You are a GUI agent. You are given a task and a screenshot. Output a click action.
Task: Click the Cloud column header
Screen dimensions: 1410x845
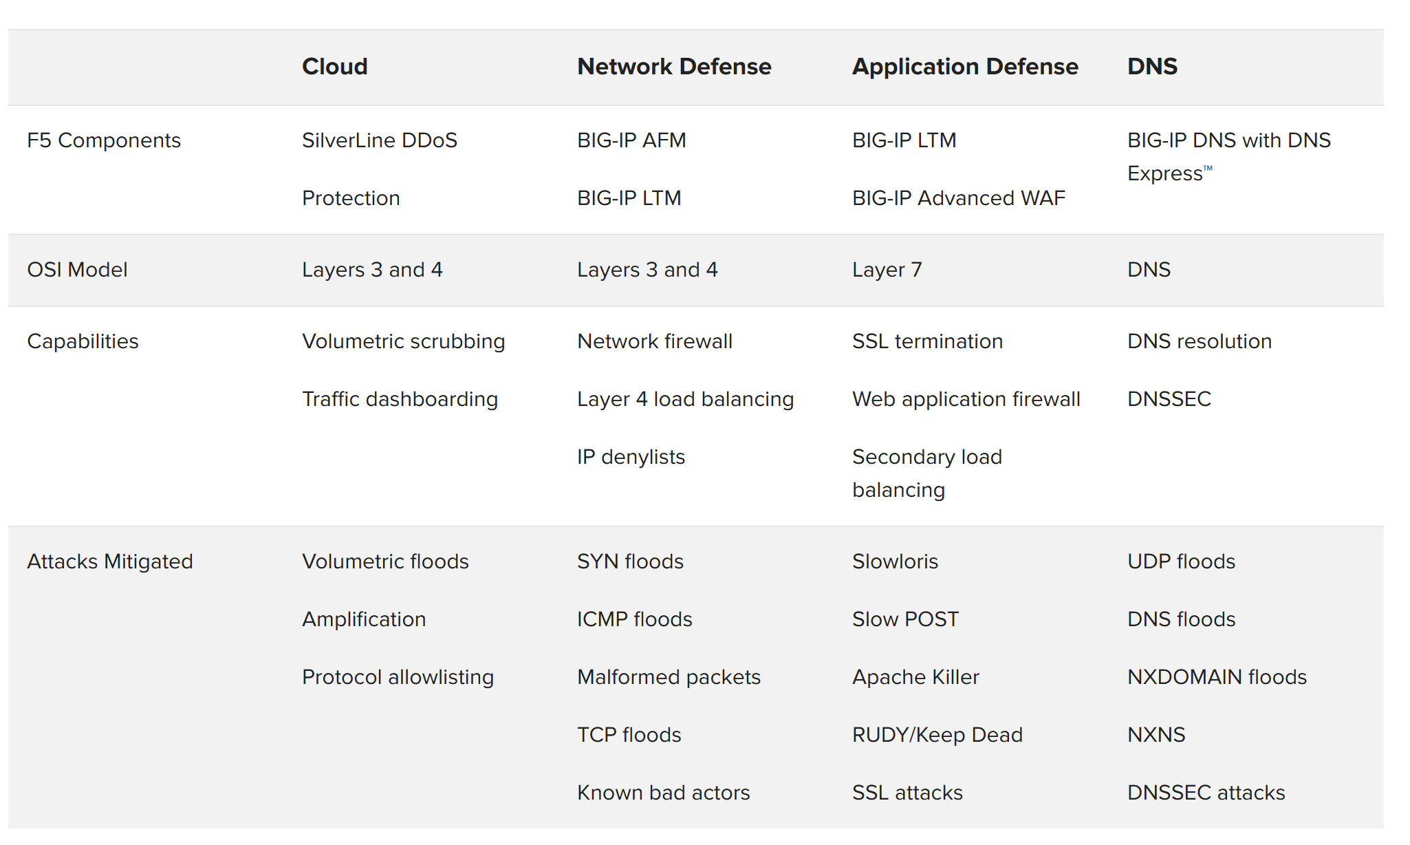click(335, 67)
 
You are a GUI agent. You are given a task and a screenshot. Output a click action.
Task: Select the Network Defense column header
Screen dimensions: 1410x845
click(674, 67)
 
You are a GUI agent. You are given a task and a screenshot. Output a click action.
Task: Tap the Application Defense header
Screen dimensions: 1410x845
click(965, 67)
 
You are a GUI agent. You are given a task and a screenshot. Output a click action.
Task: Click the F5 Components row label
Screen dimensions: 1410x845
click(104, 140)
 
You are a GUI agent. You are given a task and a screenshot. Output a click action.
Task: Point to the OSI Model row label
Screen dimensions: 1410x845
click(77, 270)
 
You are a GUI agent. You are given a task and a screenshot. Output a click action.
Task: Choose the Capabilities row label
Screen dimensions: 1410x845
click(83, 341)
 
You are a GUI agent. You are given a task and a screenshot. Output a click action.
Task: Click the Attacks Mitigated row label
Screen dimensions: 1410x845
click(110, 561)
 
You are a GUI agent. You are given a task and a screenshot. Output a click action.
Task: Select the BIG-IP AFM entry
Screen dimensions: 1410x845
click(631, 140)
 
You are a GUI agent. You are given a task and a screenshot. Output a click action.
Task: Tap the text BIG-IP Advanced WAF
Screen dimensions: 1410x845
click(959, 198)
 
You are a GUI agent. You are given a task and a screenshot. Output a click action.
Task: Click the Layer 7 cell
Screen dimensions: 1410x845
click(887, 270)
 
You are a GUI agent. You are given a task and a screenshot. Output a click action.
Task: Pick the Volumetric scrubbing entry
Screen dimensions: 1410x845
click(404, 341)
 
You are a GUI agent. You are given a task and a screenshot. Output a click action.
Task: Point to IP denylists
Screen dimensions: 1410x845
click(631, 457)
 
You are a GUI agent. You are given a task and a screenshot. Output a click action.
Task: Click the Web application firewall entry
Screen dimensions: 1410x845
click(966, 399)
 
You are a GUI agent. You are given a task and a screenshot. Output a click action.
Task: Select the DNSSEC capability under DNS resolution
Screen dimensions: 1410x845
click(1169, 399)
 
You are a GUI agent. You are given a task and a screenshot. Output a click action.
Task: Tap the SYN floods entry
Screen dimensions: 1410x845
click(630, 561)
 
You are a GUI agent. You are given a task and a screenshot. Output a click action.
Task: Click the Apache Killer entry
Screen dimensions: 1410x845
click(915, 677)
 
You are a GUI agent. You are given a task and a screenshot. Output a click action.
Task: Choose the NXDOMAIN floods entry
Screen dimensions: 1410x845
click(1217, 677)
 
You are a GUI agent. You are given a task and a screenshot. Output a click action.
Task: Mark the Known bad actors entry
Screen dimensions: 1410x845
click(663, 793)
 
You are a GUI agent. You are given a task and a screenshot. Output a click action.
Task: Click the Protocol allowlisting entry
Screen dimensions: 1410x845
click(398, 677)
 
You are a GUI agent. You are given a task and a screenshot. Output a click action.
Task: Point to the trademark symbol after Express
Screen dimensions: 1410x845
click(1208, 168)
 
